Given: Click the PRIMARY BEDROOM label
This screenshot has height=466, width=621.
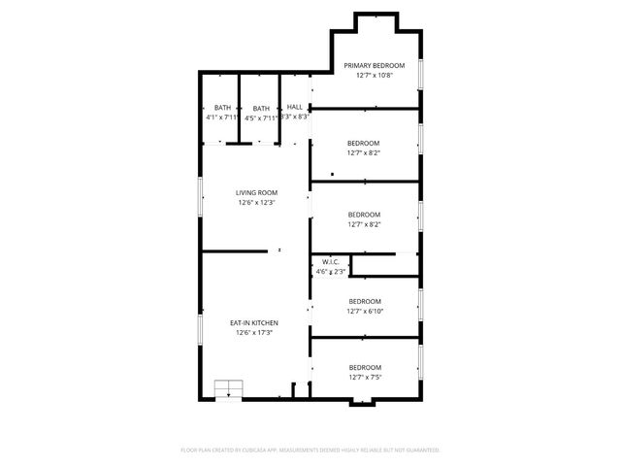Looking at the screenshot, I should pyautogui.click(x=374, y=65).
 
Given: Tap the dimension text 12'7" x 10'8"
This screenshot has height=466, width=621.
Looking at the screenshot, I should pyautogui.click(x=374, y=75).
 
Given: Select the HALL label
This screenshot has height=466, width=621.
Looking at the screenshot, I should pyautogui.click(x=294, y=107).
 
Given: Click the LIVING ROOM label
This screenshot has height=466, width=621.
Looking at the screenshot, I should pyautogui.click(x=256, y=193).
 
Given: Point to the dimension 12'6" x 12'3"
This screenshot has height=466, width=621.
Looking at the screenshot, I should pyautogui.click(x=256, y=203).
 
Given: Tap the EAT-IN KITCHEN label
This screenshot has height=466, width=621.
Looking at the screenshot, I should pyautogui.click(x=254, y=322).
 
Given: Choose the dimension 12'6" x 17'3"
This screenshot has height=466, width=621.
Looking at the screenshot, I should pyautogui.click(x=254, y=332).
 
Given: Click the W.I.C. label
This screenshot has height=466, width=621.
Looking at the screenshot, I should pyautogui.click(x=329, y=260).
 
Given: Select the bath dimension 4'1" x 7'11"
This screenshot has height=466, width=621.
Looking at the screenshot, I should pyautogui.click(x=222, y=117).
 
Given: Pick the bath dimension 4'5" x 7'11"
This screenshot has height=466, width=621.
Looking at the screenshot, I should pyautogui.click(x=261, y=117).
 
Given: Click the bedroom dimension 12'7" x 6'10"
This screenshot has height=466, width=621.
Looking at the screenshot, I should pyautogui.click(x=364, y=311).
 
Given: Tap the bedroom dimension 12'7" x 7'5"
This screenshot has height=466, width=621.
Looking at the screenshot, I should pyautogui.click(x=364, y=376).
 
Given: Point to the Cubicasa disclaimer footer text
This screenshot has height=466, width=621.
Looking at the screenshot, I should pyautogui.click(x=310, y=450).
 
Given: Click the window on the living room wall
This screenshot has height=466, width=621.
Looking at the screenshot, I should pyautogui.click(x=200, y=198).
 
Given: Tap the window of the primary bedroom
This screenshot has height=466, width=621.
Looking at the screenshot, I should pyautogui.click(x=420, y=76).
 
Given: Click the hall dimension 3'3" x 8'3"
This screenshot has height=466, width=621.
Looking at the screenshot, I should pyautogui.click(x=295, y=116).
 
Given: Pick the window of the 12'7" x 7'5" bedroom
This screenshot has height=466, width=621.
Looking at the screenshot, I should pyautogui.click(x=420, y=358).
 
